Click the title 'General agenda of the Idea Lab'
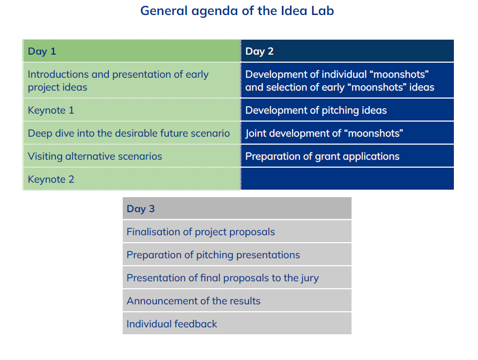pyautogui.click(x=237, y=11)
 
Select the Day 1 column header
pyautogui.click(x=132, y=51)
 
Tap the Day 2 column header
pyautogui.click(x=347, y=51)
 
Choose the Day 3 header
pyautogui.click(x=237, y=208)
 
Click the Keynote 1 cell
pyautogui.click(x=132, y=110)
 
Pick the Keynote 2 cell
pyautogui.click(x=132, y=179)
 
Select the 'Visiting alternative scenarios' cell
pyautogui.click(x=132, y=156)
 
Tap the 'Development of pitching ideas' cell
pyautogui.click(x=347, y=110)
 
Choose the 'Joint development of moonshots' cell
pyautogui.click(x=347, y=133)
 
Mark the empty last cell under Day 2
pyautogui.click(x=347, y=179)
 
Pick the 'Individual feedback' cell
pyautogui.click(x=237, y=324)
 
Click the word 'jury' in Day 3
pyautogui.click(x=310, y=279)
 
